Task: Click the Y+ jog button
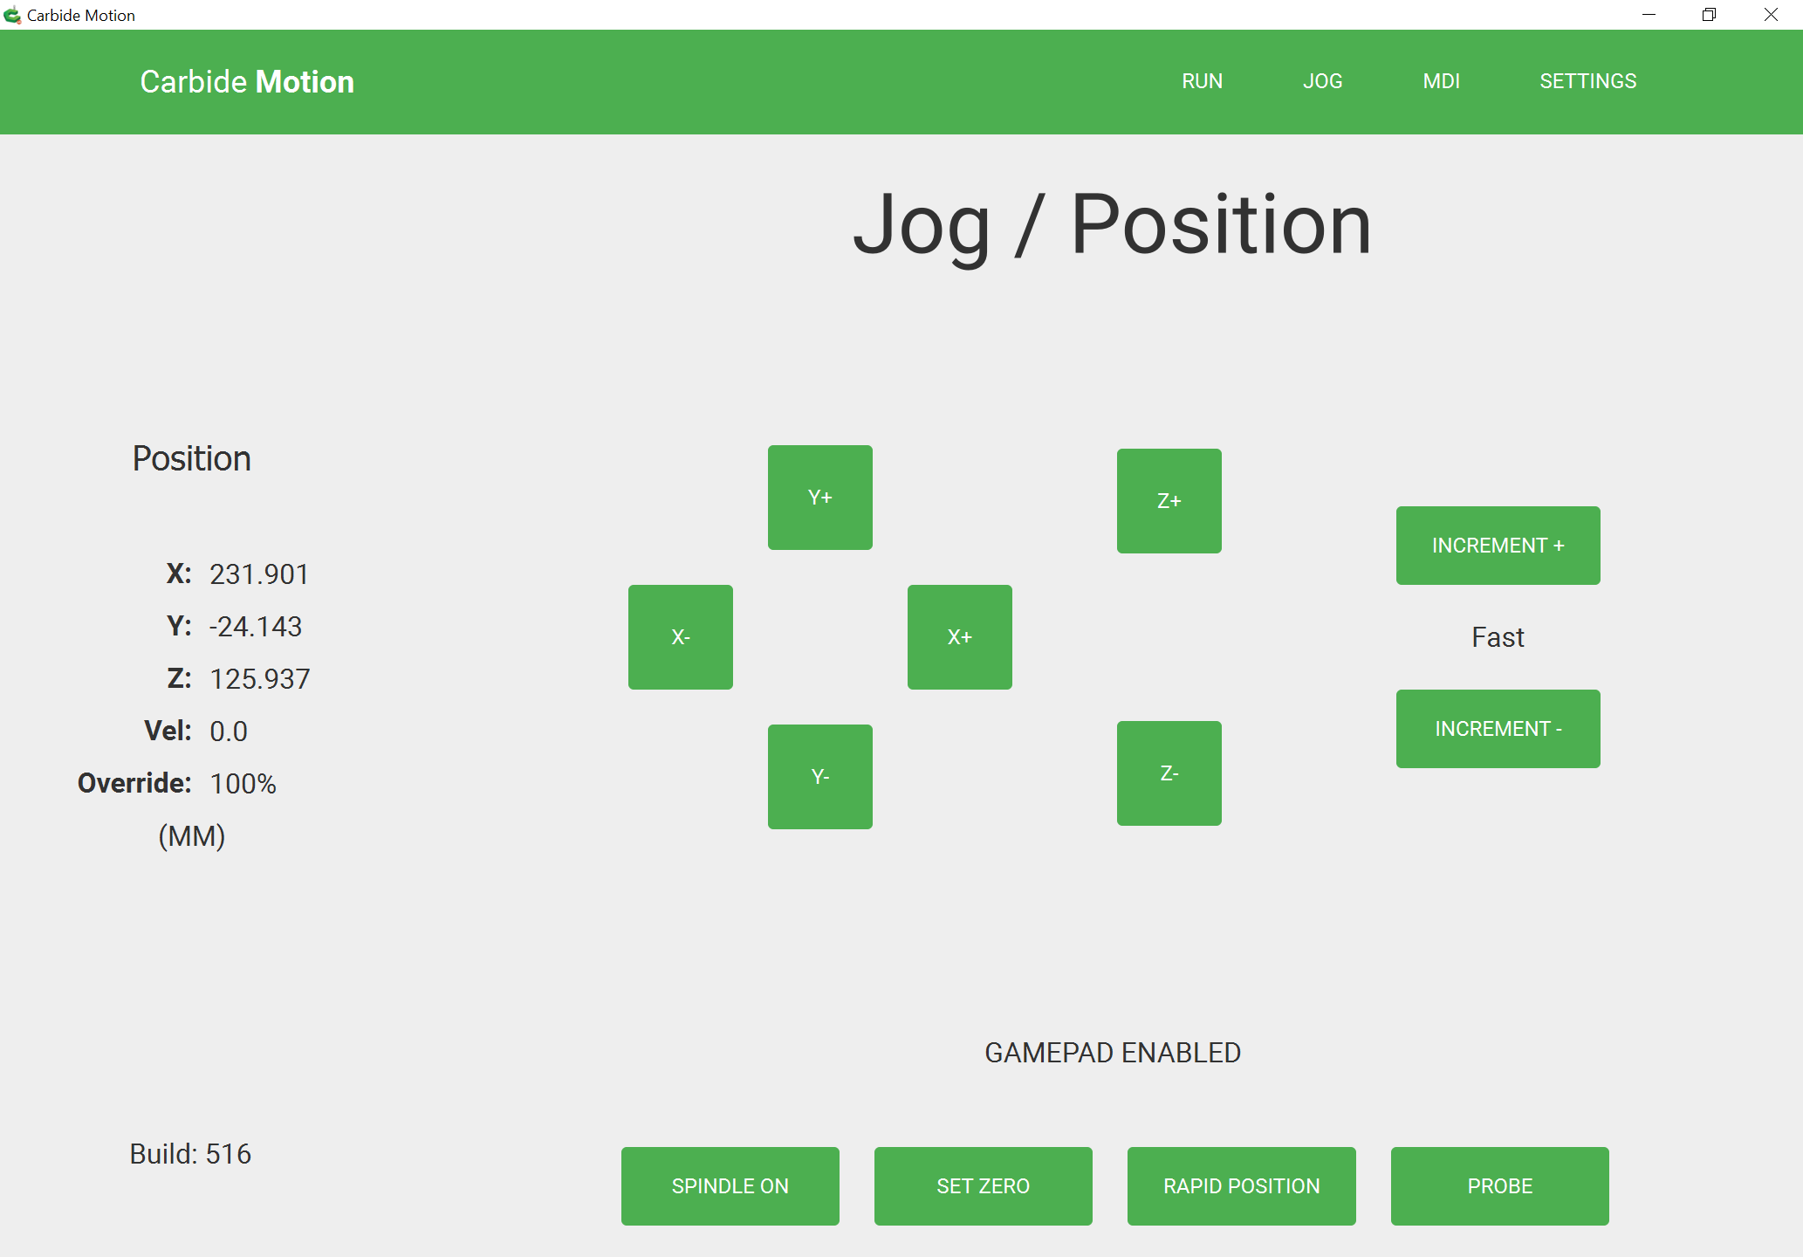pos(819,498)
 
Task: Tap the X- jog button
pos(681,637)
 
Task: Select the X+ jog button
pos(960,637)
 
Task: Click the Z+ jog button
pos(1169,501)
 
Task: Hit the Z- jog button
pos(1169,773)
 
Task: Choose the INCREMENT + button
pos(1498,546)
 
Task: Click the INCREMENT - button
pos(1498,729)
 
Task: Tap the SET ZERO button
pos(984,1186)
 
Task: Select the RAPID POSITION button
pos(1242,1186)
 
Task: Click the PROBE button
pos(1500,1186)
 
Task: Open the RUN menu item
pos(1202,81)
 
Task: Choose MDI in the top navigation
pos(1441,81)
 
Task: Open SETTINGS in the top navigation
pos(1587,81)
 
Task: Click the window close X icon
pos(1771,15)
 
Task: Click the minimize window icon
pos(1649,15)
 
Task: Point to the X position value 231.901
pos(259,574)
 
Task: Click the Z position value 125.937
pos(260,679)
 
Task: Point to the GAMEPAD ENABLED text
pos(1113,1053)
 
